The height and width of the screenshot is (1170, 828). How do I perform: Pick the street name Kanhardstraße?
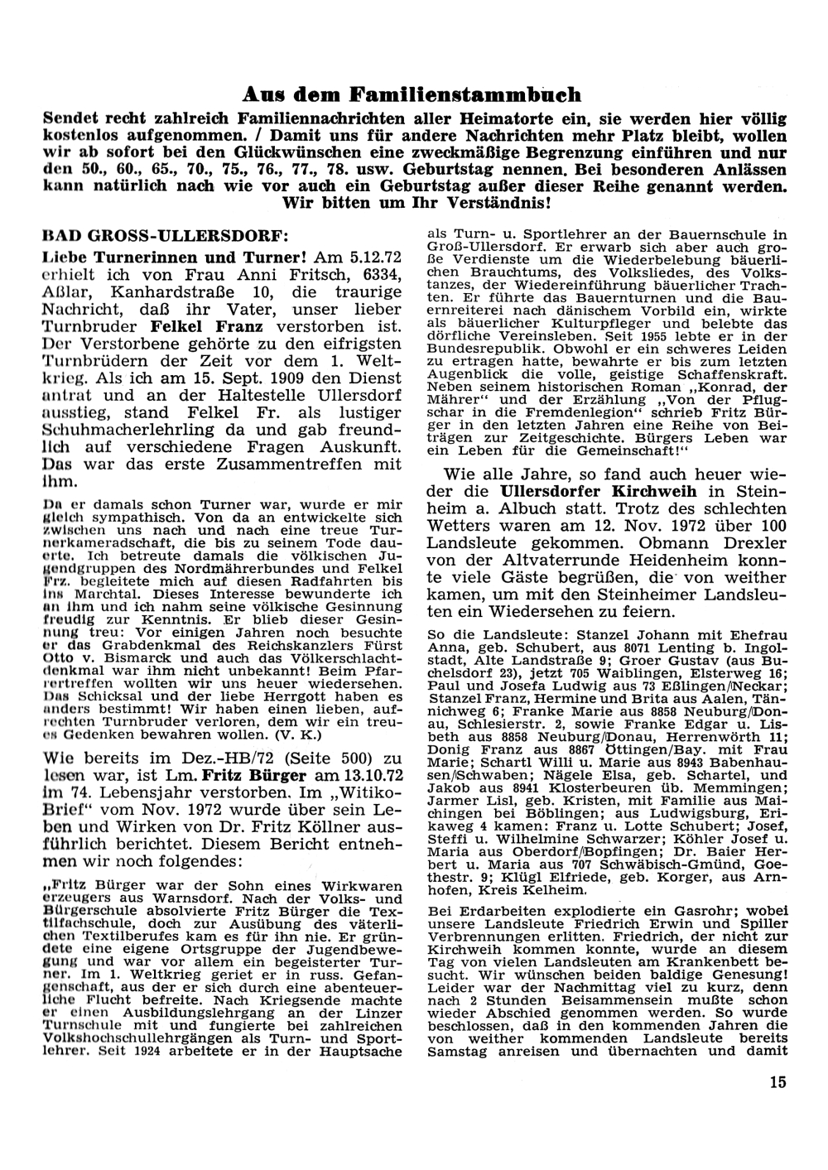point(159,292)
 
